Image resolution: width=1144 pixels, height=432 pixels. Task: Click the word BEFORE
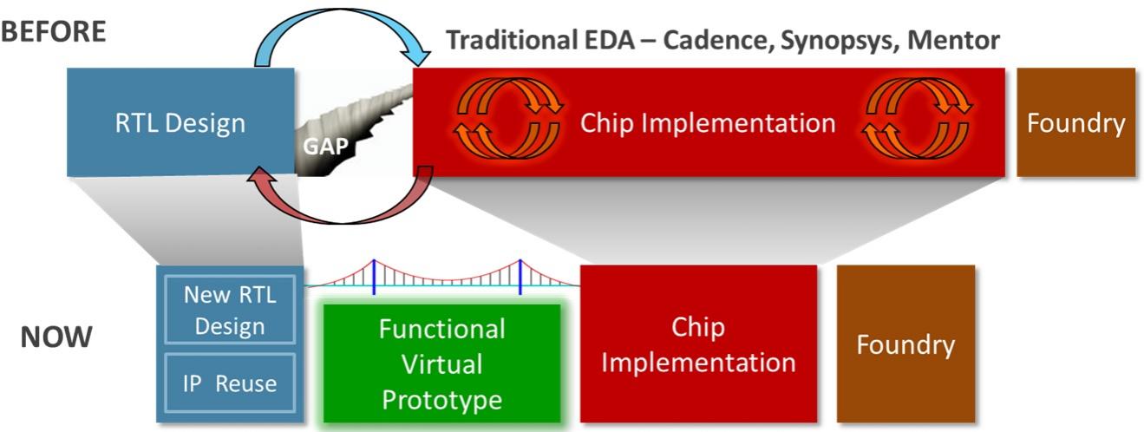click(53, 31)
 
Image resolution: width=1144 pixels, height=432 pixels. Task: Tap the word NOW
click(56, 337)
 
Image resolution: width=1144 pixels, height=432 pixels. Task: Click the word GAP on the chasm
click(325, 146)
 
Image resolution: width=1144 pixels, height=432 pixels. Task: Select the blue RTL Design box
click(180, 122)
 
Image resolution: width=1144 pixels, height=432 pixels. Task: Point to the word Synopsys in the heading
click(839, 41)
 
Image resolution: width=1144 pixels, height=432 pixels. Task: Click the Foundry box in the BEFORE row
click(1076, 122)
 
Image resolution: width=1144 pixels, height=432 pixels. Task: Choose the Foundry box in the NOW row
click(905, 344)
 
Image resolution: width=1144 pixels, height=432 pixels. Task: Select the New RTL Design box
click(230, 310)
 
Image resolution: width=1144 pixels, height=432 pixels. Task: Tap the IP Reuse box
click(230, 383)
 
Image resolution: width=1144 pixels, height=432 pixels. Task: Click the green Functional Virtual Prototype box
click(442, 363)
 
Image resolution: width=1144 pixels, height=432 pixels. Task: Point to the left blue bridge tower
click(374, 277)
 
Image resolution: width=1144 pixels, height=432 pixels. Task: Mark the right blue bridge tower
click(520, 277)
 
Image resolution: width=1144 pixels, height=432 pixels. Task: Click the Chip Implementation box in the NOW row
click(698, 344)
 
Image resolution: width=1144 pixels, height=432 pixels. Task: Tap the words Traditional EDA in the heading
click(540, 40)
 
